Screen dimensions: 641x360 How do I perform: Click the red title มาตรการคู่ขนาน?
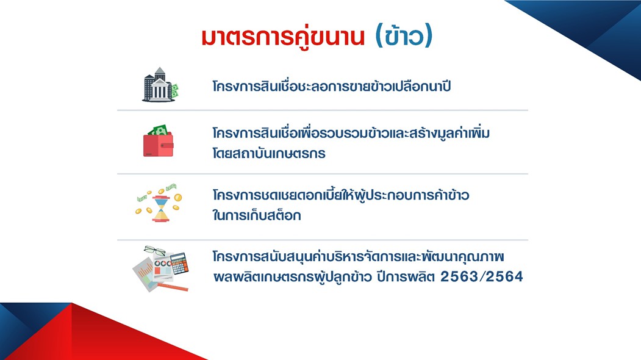[282, 37]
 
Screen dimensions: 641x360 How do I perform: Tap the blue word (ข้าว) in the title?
[404, 36]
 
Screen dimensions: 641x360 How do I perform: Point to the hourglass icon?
[161, 208]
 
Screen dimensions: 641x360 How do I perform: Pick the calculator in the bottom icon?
[179, 264]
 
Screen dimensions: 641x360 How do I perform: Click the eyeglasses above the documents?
[154, 250]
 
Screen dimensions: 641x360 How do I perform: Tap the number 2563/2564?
[482, 276]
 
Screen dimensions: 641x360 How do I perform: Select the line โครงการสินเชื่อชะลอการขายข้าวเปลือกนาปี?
[332, 86]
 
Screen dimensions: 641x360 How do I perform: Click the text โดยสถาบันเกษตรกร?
[269, 153]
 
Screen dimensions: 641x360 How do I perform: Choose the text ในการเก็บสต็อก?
[257, 215]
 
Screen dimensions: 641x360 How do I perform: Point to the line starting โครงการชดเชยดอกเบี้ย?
[340, 195]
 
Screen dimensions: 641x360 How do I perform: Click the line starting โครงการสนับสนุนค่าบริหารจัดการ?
[358, 256]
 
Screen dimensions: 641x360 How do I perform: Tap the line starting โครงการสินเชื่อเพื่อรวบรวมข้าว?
[351, 133]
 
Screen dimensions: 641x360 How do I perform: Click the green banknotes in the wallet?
[158, 130]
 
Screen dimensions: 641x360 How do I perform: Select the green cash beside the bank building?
[174, 90]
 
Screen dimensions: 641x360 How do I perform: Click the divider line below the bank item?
[323, 110]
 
